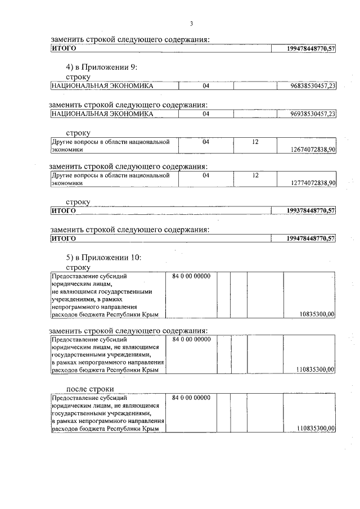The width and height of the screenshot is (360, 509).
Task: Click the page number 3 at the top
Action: click(192, 24)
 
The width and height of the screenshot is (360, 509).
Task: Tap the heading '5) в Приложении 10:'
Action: click(104, 258)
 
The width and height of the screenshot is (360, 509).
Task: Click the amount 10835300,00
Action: click(318, 314)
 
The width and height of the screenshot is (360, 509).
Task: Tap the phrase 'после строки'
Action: click(90, 389)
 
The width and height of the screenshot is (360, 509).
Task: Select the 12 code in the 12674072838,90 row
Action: click(254, 142)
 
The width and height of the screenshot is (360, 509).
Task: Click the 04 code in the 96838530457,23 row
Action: click(206, 85)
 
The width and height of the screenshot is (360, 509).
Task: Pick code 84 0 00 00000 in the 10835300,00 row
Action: click(191, 277)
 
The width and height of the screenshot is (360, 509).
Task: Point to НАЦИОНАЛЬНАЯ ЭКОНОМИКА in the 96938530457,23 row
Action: click(102, 114)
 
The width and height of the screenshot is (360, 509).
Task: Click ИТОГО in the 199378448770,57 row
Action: click(64, 211)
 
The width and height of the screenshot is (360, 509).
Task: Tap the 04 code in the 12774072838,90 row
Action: click(206, 175)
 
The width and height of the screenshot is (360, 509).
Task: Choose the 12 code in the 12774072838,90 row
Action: click(254, 175)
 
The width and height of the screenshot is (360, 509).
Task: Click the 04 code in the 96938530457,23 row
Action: click(206, 114)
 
